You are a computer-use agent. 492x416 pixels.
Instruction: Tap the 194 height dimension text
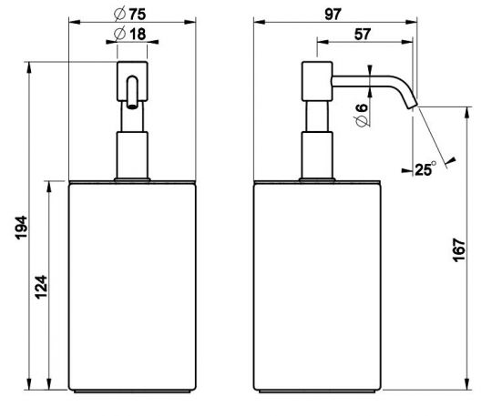[x=21, y=228]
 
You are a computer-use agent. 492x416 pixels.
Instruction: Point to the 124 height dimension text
[x=42, y=289]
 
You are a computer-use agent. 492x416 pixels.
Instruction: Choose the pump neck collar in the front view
[x=133, y=155]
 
